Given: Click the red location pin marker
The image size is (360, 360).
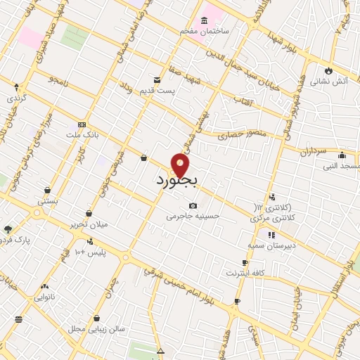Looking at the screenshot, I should click(180, 165).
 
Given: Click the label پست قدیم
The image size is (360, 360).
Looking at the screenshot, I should click(176, 91).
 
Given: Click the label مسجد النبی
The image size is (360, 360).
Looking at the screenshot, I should click(341, 166).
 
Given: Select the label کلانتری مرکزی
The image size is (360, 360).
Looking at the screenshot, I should click(275, 219).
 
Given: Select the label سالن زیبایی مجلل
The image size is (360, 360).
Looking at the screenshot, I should click(96, 328).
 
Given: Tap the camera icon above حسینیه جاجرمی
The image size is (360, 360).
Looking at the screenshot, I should click(193, 205).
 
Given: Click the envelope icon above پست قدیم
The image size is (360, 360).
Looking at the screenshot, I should click(157, 79).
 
